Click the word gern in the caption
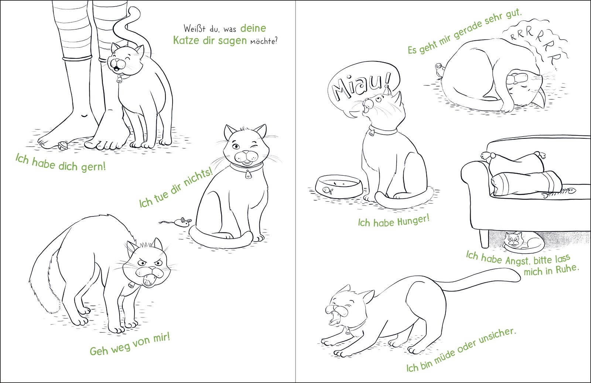93,167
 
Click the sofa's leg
484,238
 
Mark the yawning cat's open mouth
333,318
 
